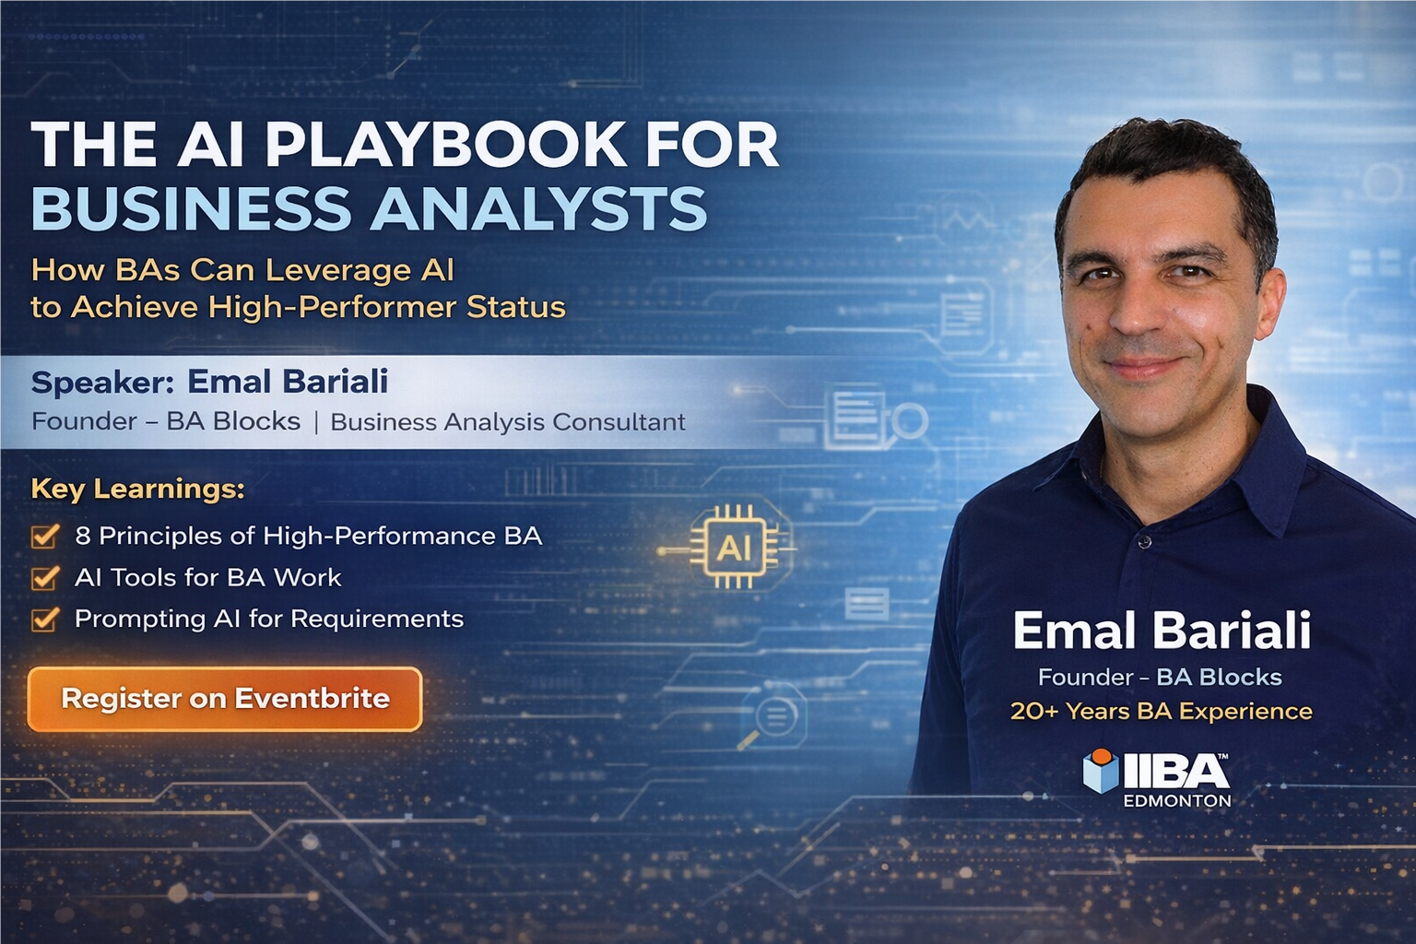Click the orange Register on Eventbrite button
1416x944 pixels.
[x=225, y=699]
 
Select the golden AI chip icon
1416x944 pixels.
[x=734, y=548]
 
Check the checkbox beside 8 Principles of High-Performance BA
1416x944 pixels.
[x=45, y=536]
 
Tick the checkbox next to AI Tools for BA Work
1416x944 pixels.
[x=45, y=577]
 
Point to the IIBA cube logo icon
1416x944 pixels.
[x=1101, y=771]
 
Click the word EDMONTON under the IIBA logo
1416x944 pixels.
[x=1176, y=800]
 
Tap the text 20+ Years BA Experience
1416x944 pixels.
[x=1161, y=711]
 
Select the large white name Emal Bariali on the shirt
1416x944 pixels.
[x=1161, y=631]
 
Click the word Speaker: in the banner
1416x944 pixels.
[x=101, y=382]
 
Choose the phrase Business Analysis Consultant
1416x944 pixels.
[x=508, y=422]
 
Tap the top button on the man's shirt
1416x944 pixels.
[x=1144, y=541]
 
